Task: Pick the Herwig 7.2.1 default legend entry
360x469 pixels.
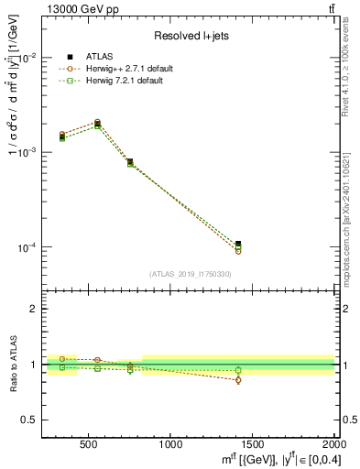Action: click(124, 82)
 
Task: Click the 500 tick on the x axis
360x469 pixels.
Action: click(89, 443)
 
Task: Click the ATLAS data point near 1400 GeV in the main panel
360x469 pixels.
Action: click(238, 245)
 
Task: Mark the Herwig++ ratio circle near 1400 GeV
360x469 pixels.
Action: click(238, 379)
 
